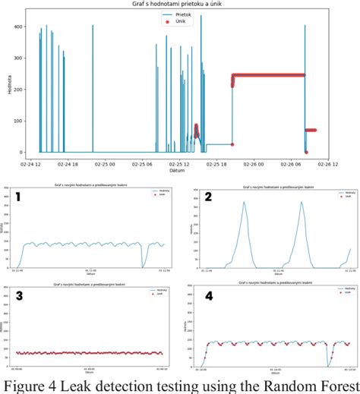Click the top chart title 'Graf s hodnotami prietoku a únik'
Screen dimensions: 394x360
click(x=180, y=5)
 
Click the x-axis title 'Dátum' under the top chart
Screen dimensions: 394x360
click(x=180, y=170)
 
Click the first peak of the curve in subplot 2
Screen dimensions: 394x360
click(x=244, y=203)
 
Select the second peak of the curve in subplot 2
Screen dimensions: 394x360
click(x=302, y=203)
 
